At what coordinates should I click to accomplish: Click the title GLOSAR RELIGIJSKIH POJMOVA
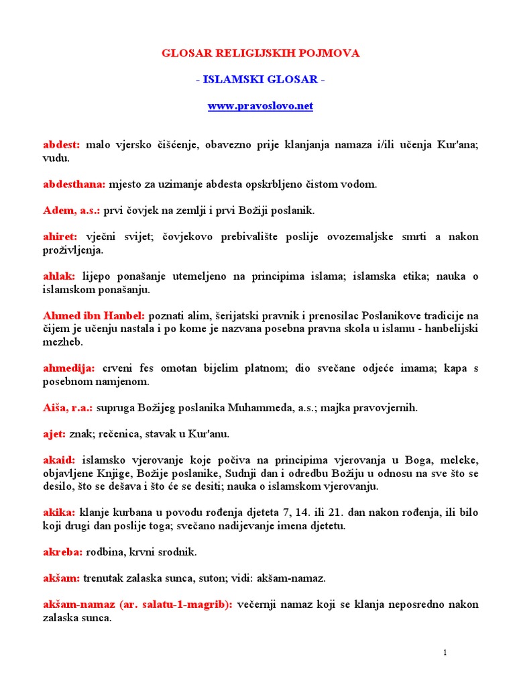pos(260,54)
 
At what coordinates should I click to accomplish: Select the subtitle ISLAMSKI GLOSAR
pos(260,80)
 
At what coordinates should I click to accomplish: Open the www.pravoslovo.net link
pos(260,106)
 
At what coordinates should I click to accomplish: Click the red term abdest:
pos(62,144)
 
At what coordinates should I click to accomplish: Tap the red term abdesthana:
pos(74,184)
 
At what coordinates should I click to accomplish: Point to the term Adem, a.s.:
pos(71,210)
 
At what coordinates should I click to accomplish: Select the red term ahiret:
pos(60,237)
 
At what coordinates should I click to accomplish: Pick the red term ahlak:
pos(59,276)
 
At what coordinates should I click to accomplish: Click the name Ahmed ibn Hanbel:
pos(94,315)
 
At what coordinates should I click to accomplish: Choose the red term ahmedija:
pos(69,368)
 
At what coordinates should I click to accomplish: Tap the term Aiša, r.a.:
pos(68,408)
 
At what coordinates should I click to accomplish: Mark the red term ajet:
pos(54,434)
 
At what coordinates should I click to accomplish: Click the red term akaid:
pos(59,460)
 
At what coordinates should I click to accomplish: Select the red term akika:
pos(59,513)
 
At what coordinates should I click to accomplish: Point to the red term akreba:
pos(63,552)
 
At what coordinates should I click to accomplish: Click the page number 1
pos(445,653)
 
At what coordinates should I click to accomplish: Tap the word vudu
pos(55,158)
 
